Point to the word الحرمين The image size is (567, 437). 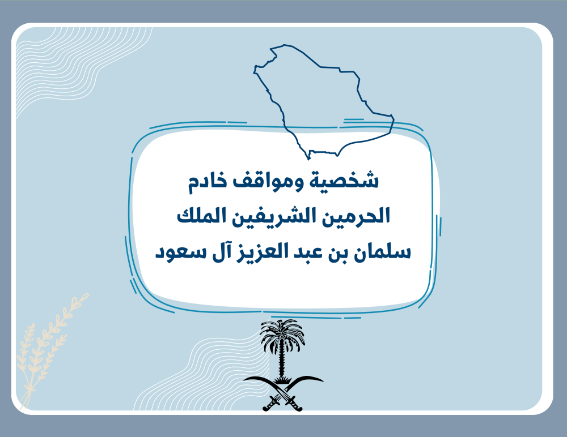click(x=356, y=216)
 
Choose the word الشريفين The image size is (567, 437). click(x=274, y=216)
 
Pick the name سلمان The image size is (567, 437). click(x=382, y=251)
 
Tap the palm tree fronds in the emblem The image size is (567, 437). click(x=282, y=335)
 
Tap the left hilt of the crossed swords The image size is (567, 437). click(x=270, y=404)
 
